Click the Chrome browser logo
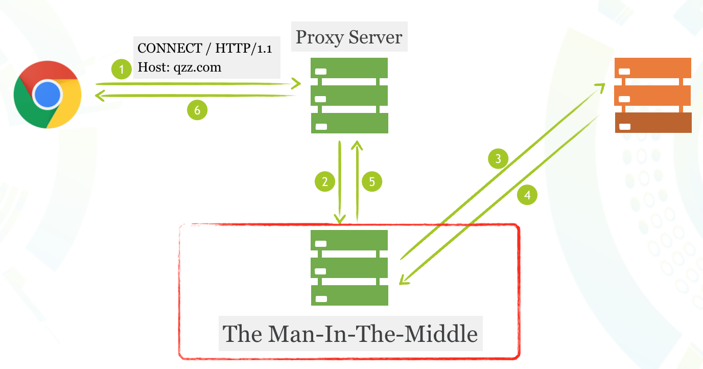pyautogui.click(x=48, y=94)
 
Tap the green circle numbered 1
pyautogui.click(x=122, y=69)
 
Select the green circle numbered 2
pyautogui.click(x=325, y=181)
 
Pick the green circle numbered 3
pyautogui.click(x=499, y=158)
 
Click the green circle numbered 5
pyautogui.click(x=372, y=181)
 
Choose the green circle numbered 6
pyautogui.click(x=197, y=109)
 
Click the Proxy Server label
pyautogui.click(x=349, y=37)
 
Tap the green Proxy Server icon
pyautogui.click(x=349, y=96)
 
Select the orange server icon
pyautogui.click(x=653, y=95)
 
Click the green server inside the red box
pyautogui.click(x=349, y=267)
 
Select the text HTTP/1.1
pyautogui.click(x=244, y=49)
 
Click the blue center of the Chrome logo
pyautogui.click(x=48, y=94)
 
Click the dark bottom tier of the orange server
pyautogui.click(x=653, y=123)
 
